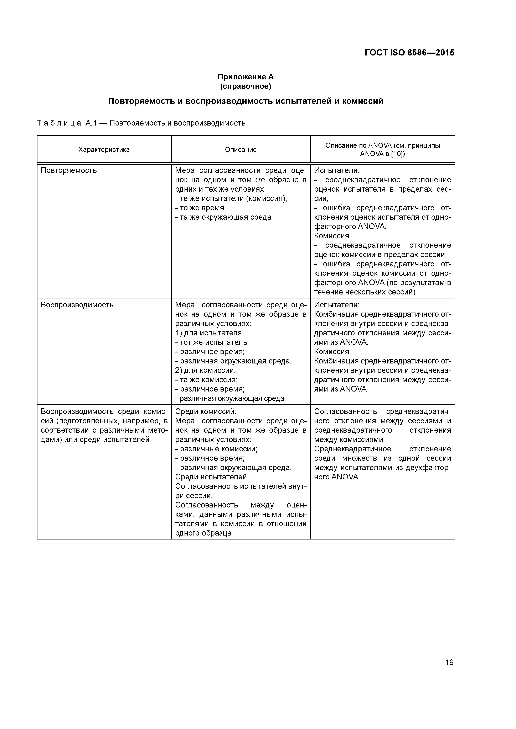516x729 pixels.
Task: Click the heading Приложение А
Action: coord(246,77)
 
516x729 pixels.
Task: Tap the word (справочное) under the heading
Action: coord(246,86)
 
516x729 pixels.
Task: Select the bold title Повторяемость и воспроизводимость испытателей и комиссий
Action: coord(246,101)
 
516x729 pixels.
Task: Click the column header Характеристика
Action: coord(104,150)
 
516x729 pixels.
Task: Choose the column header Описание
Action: coord(241,150)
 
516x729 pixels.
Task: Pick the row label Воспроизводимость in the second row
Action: coord(77,305)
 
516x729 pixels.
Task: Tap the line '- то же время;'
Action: coord(200,208)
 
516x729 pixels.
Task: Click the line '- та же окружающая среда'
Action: coord(223,218)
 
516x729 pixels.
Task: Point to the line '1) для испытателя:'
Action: coord(209,333)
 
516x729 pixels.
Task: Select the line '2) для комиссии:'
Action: coord(205,371)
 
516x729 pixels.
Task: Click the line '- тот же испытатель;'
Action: coord(212,343)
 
